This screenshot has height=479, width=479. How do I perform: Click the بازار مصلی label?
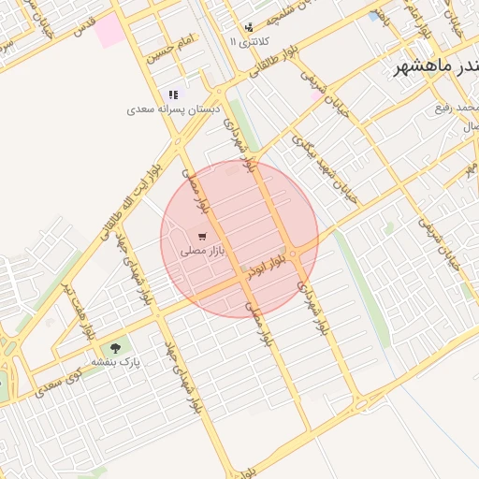point(202,250)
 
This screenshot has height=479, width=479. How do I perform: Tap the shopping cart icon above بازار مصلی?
point(202,236)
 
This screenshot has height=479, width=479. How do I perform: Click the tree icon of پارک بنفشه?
point(115,348)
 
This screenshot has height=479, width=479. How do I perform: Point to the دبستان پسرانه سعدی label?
point(174,109)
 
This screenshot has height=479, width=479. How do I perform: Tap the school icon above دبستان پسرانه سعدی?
point(173,94)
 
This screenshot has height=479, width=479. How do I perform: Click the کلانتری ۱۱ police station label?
point(247,42)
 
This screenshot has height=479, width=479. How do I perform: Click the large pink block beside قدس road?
point(109,30)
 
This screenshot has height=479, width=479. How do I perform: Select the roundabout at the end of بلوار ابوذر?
point(293,254)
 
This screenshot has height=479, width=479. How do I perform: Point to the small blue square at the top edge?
point(374,16)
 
